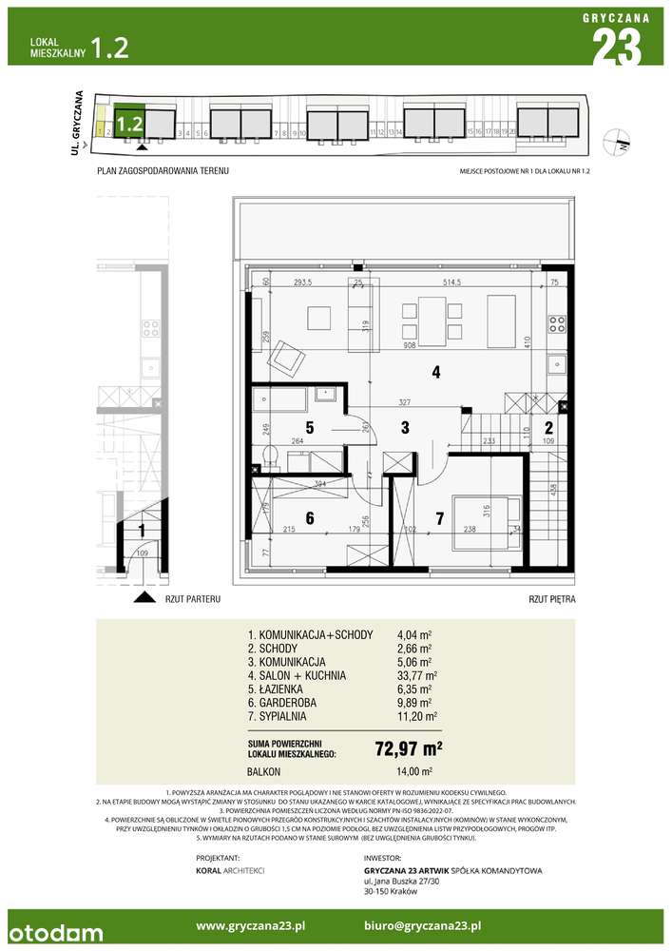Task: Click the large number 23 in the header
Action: pyautogui.click(x=616, y=46)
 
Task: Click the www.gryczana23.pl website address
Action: pyautogui.click(x=250, y=925)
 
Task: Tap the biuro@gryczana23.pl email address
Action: pyautogui.click(x=422, y=925)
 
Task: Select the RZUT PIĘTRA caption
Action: pyautogui.click(x=552, y=600)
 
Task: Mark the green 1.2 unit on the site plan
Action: pyautogui.click(x=130, y=123)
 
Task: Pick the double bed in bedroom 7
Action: pyautogui.click(x=485, y=522)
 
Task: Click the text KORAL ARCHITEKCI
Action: pyautogui.click(x=229, y=870)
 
